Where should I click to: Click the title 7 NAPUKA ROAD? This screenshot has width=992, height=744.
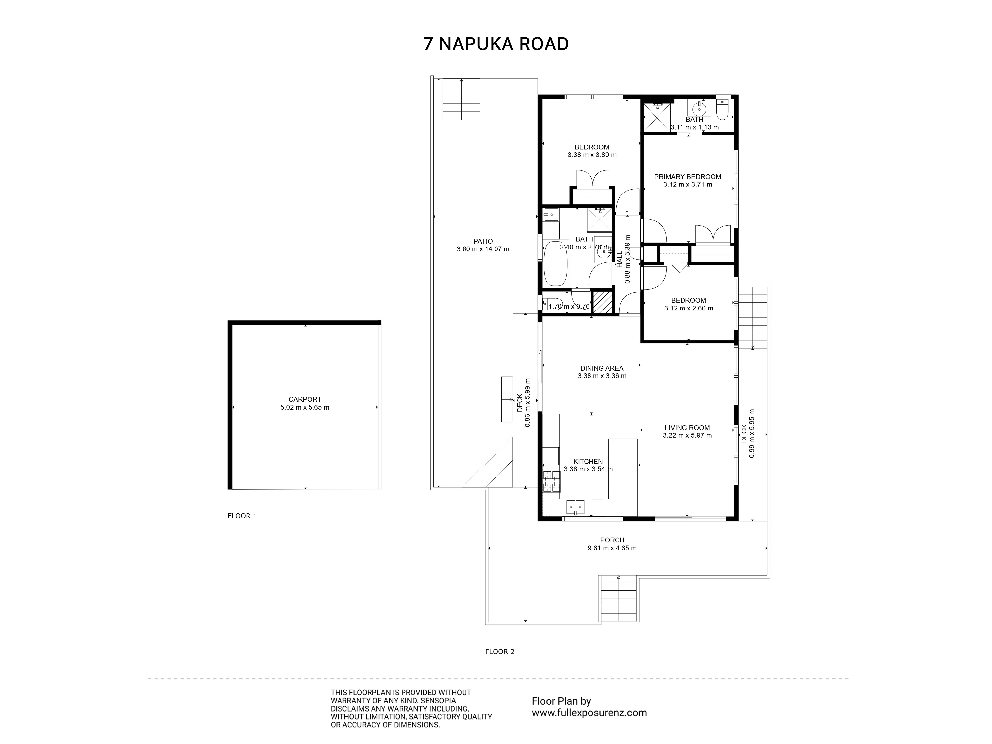click(496, 44)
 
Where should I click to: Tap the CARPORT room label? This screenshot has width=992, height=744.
click(305, 399)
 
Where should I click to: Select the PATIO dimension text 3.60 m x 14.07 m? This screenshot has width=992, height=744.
click(483, 249)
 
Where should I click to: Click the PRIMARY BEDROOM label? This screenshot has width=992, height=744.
click(687, 177)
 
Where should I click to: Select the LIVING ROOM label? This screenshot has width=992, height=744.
click(687, 428)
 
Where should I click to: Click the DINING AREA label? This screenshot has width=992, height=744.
click(602, 368)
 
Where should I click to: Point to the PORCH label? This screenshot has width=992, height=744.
click(612, 540)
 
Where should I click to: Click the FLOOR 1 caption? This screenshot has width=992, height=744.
click(242, 516)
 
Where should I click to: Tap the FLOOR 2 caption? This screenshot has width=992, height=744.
click(499, 651)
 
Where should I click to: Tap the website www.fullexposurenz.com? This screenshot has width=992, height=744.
click(589, 713)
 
